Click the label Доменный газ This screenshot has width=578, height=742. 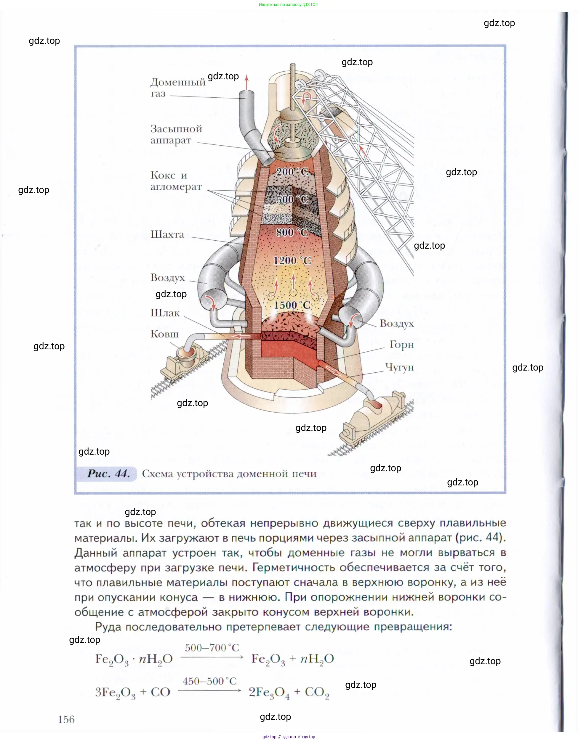point(177,87)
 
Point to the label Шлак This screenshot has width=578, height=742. point(165,313)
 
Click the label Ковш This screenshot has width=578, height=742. point(164,334)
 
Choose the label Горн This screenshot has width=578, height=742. point(401,345)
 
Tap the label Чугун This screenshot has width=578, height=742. point(399,367)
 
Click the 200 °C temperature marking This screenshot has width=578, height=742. point(292,172)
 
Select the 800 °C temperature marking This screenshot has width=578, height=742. point(292,232)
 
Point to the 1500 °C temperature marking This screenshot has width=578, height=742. point(292,305)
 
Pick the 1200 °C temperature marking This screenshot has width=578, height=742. point(292,260)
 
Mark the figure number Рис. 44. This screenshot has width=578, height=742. point(108,474)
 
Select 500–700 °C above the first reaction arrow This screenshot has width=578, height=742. point(212,648)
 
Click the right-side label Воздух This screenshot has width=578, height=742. point(396,323)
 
